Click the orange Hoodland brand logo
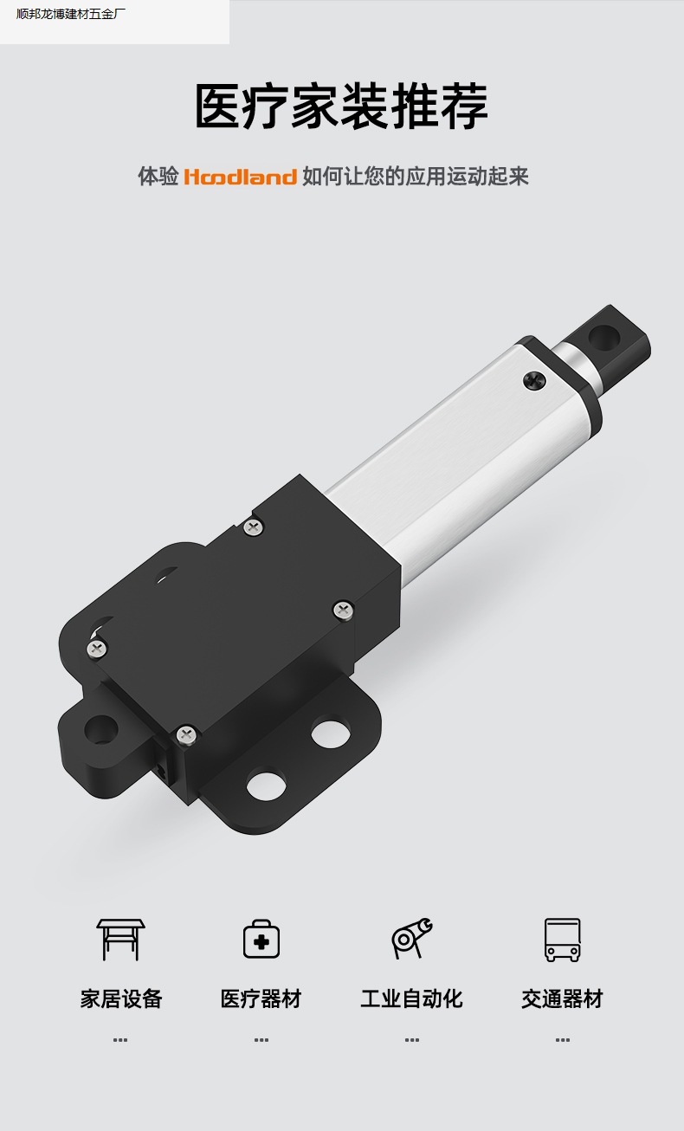click(241, 177)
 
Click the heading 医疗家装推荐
click(342, 106)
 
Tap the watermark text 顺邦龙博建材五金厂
click(71, 14)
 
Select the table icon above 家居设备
click(120, 939)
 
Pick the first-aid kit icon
click(261, 939)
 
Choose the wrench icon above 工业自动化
click(411, 938)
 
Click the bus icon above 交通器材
click(562, 940)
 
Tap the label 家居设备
click(121, 999)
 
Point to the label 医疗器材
click(261, 999)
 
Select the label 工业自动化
click(411, 999)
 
